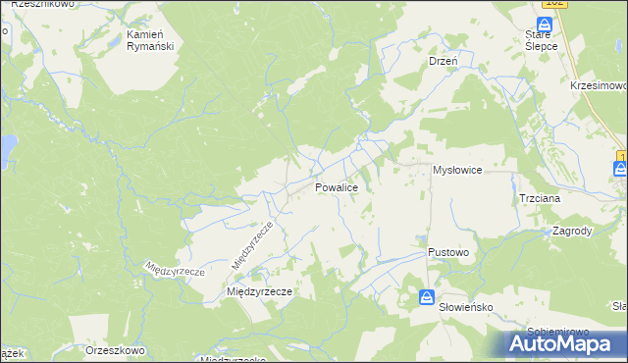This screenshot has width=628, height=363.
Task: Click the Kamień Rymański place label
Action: click(150, 40)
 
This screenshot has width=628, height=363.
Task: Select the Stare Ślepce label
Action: click(542, 39)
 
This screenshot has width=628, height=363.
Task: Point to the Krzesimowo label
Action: click(597, 85)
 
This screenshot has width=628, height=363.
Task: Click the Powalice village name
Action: click(342, 185)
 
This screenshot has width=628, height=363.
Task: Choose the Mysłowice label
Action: click(457, 170)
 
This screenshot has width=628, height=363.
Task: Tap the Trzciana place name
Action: click(540, 197)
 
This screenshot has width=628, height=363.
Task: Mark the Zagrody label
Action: click(572, 232)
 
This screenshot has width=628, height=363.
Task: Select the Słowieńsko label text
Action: click(465, 306)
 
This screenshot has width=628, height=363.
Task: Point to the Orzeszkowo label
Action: click(116, 350)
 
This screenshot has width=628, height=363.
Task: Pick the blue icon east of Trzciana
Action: click(621, 169)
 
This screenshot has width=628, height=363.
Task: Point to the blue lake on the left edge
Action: click(5, 149)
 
